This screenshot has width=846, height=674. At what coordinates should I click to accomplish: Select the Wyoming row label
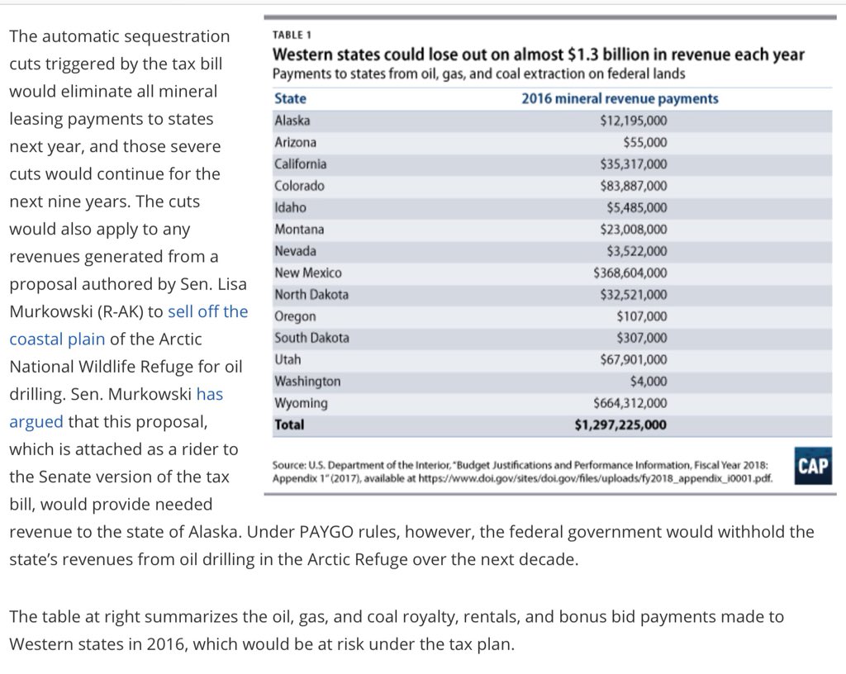[x=301, y=403]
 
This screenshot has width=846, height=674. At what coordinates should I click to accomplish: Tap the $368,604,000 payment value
[x=630, y=273]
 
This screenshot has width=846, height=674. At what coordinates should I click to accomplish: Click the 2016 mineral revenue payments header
[x=620, y=98]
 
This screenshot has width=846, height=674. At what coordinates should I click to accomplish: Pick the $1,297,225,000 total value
[x=620, y=425]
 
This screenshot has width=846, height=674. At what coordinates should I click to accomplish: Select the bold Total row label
[x=289, y=425]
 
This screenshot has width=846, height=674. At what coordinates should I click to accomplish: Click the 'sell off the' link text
[x=207, y=311]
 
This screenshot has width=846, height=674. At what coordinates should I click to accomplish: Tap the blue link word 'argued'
[x=36, y=421]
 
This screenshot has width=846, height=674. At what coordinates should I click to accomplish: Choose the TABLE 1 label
[x=292, y=36]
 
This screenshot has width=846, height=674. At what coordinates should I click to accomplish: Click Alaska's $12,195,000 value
[x=634, y=121]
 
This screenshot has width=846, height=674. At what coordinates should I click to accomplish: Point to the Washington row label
[x=307, y=382]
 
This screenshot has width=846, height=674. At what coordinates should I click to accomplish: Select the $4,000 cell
[x=649, y=382]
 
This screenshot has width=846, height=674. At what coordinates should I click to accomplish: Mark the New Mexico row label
[x=307, y=273]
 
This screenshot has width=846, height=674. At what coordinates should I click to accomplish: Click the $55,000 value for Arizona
[x=645, y=142]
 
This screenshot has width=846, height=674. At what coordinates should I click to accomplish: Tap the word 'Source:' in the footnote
[x=289, y=466]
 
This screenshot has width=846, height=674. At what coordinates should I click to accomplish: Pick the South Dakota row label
[x=311, y=338]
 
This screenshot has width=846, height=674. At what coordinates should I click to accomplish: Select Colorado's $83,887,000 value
[x=634, y=186]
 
